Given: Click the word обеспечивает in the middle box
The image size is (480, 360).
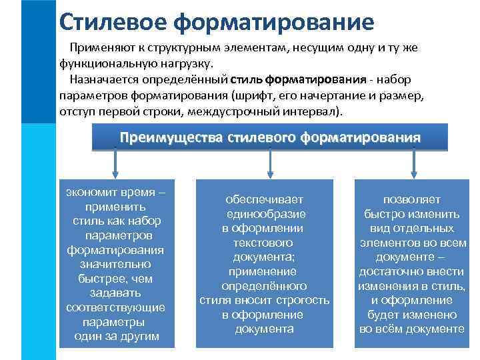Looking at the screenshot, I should point(264,199).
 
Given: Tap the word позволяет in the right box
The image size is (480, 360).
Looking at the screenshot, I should point(411,199).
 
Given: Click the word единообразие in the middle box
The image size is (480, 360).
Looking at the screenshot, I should point(264,214).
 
